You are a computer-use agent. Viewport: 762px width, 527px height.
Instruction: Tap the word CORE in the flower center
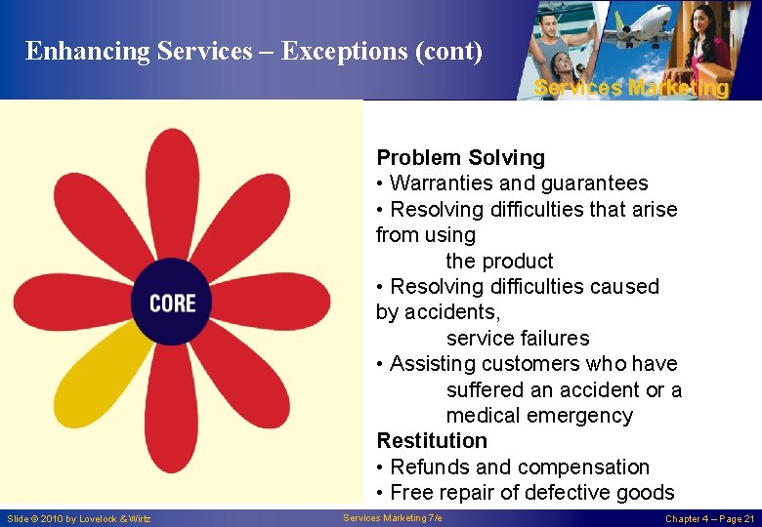(x=172, y=304)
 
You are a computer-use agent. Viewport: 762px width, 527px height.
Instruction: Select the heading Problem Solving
(x=461, y=158)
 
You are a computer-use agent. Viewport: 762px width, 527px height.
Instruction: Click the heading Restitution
(x=432, y=441)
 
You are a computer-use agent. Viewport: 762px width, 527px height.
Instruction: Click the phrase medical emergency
(x=539, y=416)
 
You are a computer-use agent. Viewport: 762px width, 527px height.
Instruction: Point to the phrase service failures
(x=518, y=339)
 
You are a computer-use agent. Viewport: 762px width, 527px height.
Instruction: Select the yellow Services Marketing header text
(x=631, y=88)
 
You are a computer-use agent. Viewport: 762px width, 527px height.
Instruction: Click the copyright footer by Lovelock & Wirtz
(x=79, y=518)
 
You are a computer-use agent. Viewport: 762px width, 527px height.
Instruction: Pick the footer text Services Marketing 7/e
(x=393, y=518)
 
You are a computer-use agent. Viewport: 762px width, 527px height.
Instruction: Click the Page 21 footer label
(x=709, y=518)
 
